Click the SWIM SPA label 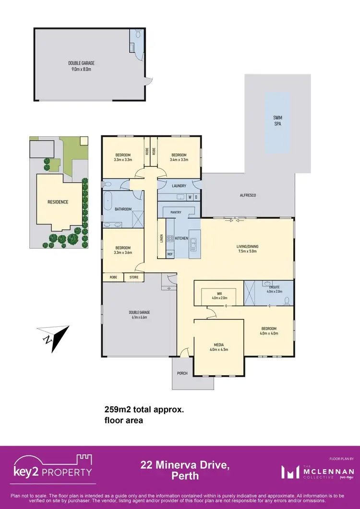(x=277, y=119)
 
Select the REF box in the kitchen (x=170, y=254)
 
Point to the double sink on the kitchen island (x=193, y=245)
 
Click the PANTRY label (x=176, y=212)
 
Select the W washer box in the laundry (x=190, y=197)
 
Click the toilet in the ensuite (x=287, y=300)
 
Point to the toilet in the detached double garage (x=138, y=34)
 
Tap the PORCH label (x=182, y=373)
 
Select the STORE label (x=134, y=277)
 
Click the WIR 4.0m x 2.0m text (x=219, y=296)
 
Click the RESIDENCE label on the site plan (x=58, y=202)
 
